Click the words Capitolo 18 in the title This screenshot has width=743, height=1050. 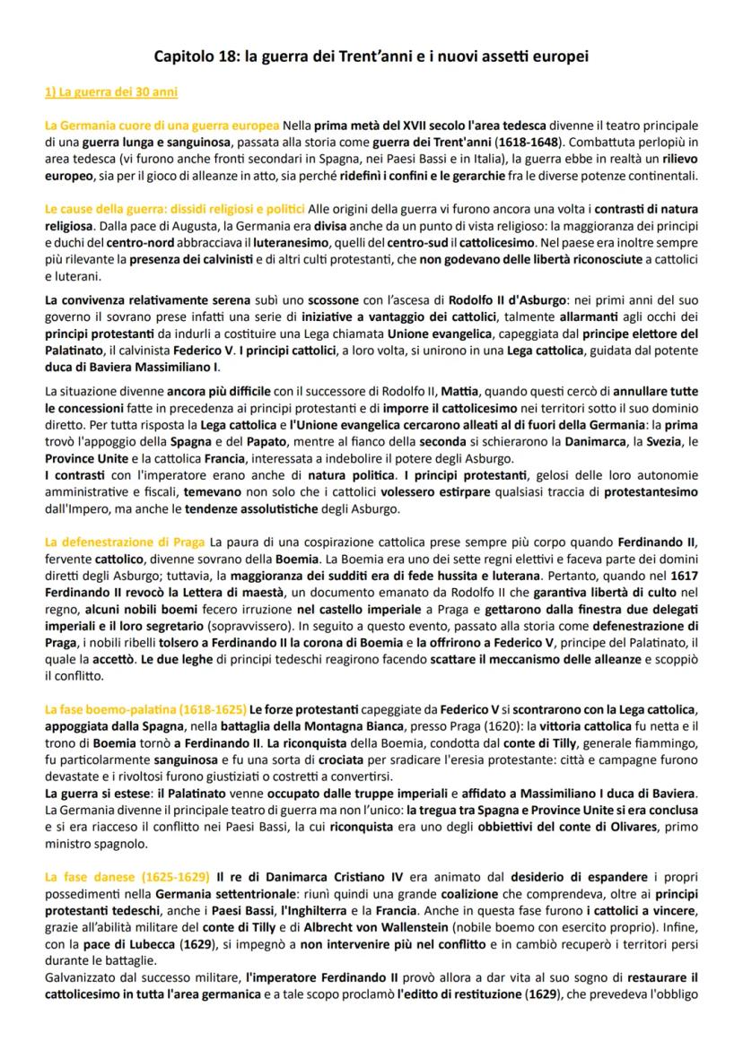point(193,57)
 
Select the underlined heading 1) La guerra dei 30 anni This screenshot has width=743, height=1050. point(111,92)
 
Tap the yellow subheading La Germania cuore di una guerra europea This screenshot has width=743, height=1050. point(162,125)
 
